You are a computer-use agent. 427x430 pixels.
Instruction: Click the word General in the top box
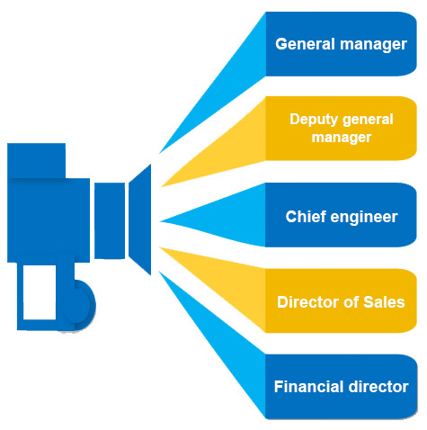point(305,44)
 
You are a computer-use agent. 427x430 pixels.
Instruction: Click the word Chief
point(305,217)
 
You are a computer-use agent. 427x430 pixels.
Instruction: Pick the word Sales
point(384,302)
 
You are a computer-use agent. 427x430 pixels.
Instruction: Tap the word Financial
point(309,387)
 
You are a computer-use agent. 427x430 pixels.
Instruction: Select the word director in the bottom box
point(378,387)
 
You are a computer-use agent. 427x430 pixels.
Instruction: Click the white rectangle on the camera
point(40,292)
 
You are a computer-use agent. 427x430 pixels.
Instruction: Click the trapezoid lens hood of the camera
point(140,219)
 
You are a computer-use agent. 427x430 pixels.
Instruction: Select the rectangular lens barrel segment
point(110,220)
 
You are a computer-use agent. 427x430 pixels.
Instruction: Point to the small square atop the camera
point(36,161)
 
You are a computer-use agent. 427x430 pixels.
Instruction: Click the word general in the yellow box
point(368,121)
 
